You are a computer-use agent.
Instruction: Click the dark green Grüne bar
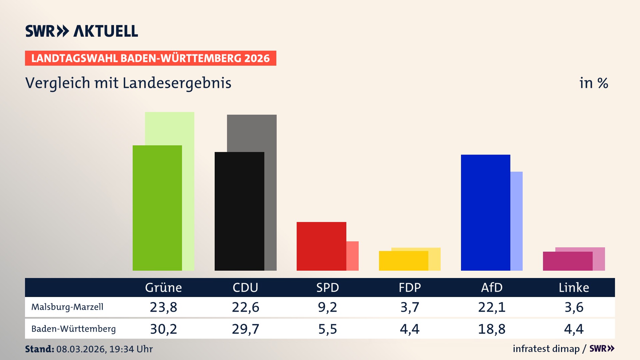point(157,208)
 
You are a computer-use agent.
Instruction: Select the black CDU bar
point(239,211)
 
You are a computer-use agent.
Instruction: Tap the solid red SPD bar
point(321,246)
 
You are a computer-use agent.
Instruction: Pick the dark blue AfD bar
point(485,213)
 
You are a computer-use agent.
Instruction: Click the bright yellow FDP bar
point(403,261)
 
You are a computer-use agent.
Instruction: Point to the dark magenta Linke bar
point(567,261)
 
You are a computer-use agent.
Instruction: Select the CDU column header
point(245,288)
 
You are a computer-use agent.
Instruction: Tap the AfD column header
point(492,288)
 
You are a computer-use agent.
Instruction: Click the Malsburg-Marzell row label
point(67,307)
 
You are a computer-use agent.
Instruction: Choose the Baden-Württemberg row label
point(73,329)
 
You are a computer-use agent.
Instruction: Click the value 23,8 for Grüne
point(163,307)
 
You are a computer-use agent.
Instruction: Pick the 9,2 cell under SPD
point(327,307)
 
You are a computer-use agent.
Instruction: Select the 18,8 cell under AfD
point(492,329)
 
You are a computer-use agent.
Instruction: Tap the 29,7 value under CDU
point(245,329)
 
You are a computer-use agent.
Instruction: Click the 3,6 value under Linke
point(574,307)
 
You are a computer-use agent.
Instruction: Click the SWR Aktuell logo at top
point(82,31)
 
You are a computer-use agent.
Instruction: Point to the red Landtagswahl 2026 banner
point(150,58)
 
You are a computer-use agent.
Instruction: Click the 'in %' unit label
point(593,83)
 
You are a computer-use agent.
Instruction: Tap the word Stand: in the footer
point(39,349)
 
